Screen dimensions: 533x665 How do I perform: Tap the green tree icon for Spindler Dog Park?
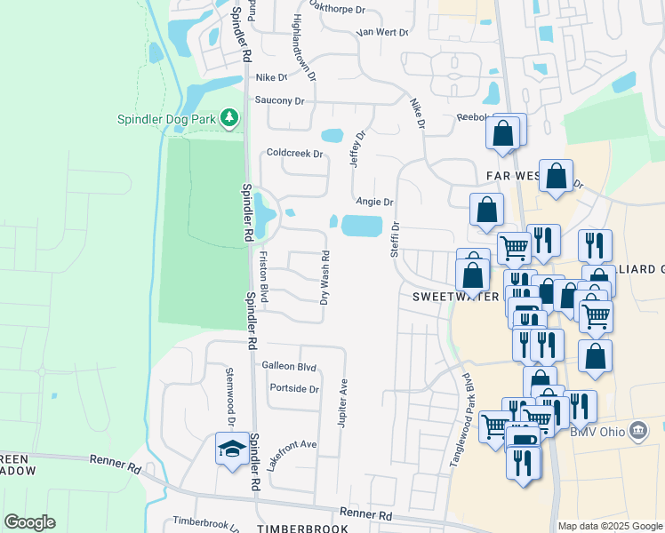pyautogui.click(x=229, y=117)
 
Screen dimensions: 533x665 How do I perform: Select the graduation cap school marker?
pyautogui.click(x=231, y=448)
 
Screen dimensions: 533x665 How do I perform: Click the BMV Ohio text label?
pyautogui.click(x=596, y=433)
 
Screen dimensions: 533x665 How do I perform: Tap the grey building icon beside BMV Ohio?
pyautogui.click(x=637, y=433)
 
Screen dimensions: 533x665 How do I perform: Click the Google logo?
pyautogui.click(x=29, y=522)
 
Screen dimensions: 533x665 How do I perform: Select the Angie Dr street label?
pyautogui.click(x=373, y=202)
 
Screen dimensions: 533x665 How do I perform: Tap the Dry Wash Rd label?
pyautogui.click(x=325, y=277)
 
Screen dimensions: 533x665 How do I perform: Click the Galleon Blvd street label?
pyautogui.click(x=289, y=366)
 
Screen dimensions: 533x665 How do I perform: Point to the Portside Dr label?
pyautogui.click(x=293, y=389)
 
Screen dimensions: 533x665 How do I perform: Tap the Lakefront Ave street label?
pyautogui.click(x=292, y=455)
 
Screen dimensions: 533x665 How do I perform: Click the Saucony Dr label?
pyautogui.click(x=279, y=100)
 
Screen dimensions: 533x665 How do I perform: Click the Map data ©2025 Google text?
pyautogui.click(x=610, y=526)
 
